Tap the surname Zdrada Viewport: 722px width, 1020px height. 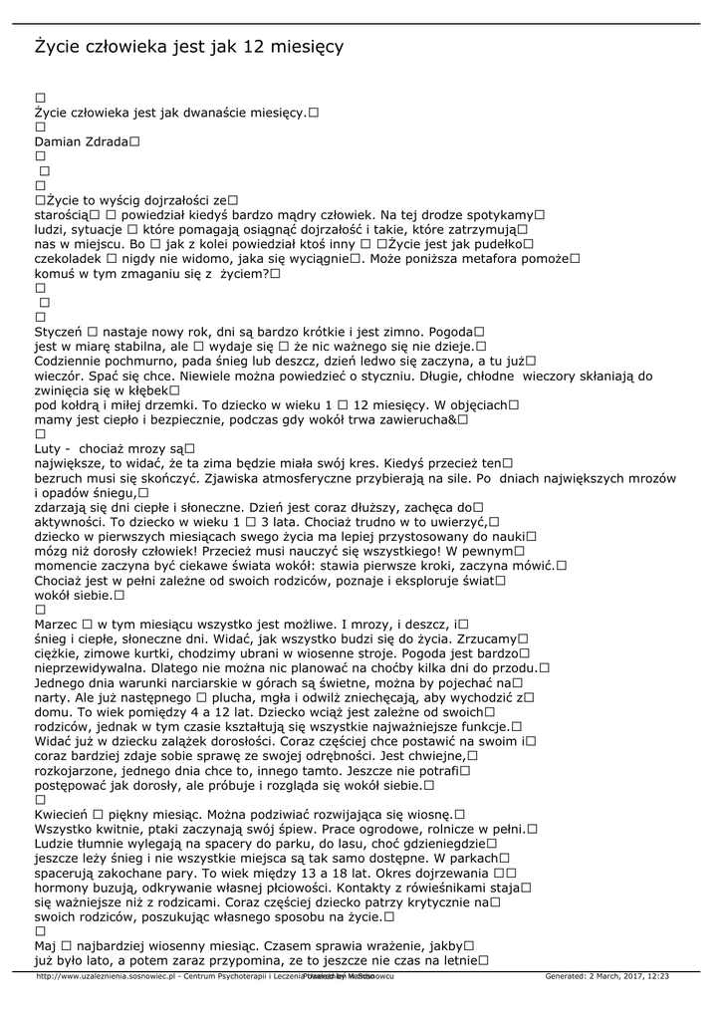(110, 142)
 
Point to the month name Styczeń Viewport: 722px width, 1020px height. (59, 331)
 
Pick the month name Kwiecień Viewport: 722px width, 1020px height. (62, 814)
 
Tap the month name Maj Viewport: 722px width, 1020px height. (46, 945)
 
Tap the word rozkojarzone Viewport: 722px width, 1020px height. (78, 770)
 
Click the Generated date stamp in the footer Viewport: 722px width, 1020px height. (606, 976)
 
